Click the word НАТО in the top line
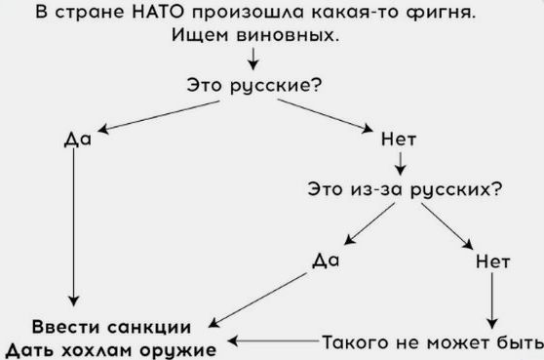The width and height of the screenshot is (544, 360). click(158, 12)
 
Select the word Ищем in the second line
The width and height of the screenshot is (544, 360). click(200, 35)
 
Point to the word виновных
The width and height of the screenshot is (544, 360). click(288, 35)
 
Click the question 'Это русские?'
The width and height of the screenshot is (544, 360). click(254, 86)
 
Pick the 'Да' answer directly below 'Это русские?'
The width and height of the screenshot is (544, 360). click(78, 140)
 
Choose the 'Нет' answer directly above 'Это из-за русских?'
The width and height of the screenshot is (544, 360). click(399, 140)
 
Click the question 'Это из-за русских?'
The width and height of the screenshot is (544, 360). click(405, 189)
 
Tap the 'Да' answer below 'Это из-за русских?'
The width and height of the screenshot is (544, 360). click(326, 260)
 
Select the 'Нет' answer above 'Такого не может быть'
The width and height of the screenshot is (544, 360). click(492, 261)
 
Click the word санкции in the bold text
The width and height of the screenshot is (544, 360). click(149, 328)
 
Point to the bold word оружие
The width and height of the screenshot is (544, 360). click(178, 350)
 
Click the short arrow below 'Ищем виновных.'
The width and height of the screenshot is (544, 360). click(253, 59)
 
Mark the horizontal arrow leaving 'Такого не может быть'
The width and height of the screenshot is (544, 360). click(273, 340)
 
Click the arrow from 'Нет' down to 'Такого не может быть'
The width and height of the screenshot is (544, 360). click(492, 300)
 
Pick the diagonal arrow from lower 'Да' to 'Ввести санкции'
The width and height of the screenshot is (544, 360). click(257, 300)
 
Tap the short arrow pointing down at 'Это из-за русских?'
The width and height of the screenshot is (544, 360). click(401, 164)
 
